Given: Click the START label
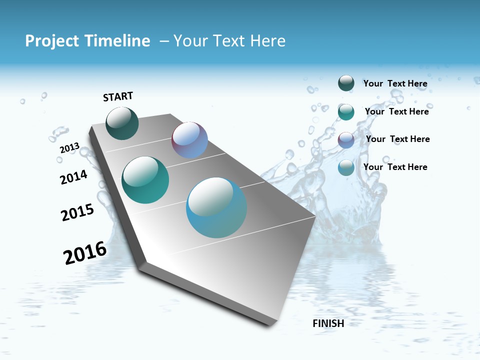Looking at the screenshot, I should pos(118,96).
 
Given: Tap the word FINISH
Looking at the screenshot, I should pos(328,323).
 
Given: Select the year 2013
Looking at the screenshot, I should pos(69,148).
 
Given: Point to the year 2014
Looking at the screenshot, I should pos(74,177).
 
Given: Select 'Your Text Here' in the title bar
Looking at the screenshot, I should pos(229,41).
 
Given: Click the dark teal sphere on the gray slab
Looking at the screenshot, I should pos(122,123).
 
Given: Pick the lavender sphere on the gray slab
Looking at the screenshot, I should pos(189,140).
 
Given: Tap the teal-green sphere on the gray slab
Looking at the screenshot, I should pos(145,180).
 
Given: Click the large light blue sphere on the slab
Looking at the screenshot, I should pos(216,207).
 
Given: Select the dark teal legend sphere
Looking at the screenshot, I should pos(346,83).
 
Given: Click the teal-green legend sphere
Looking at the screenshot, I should pos(346,112).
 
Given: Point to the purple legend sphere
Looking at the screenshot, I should pos(346,140).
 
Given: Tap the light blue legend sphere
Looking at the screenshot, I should pos(346,168).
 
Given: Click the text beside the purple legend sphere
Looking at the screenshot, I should pos(397,139).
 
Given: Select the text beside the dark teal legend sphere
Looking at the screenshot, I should pos(395,83).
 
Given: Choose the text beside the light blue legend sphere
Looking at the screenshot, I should pos(395,167).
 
